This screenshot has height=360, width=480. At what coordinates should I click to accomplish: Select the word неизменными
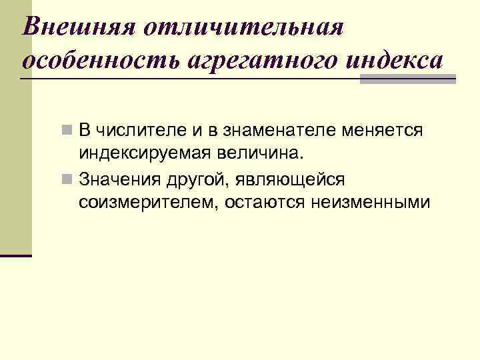(x=370, y=202)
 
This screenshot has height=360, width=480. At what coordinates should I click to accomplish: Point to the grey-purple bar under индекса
(x=407, y=79)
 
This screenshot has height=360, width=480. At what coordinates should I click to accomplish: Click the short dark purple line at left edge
(x=16, y=255)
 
